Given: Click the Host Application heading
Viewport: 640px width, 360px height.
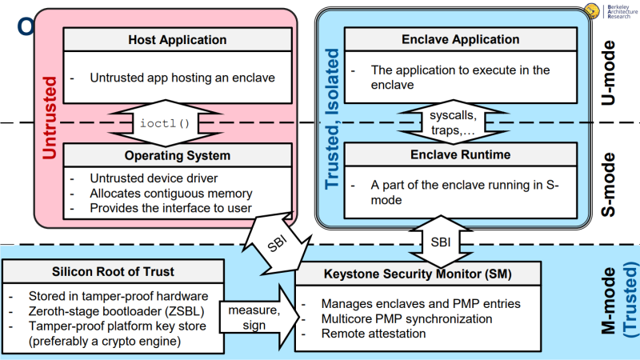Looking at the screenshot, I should [x=178, y=40].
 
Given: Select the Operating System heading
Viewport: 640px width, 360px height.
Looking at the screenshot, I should [x=178, y=155].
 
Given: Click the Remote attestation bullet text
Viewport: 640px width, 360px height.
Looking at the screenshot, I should [x=373, y=333].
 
